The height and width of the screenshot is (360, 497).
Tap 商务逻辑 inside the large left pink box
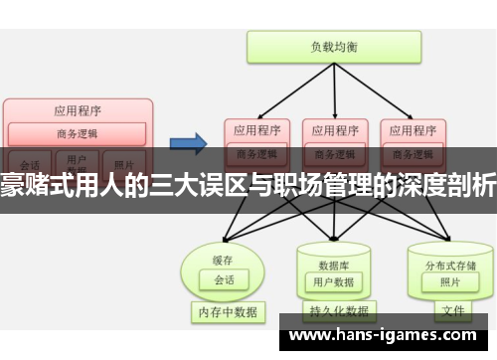click(x=77, y=133)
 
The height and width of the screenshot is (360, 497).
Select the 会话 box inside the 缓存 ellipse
click(x=224, y=253)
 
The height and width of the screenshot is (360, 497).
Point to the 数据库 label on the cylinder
click(x=333, y=238)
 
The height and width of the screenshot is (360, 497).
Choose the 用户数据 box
click(x=333, y=256)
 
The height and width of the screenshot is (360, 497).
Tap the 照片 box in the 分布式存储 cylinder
click(x=449, y=256)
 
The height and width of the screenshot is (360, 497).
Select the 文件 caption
click(x=452, y=311)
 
